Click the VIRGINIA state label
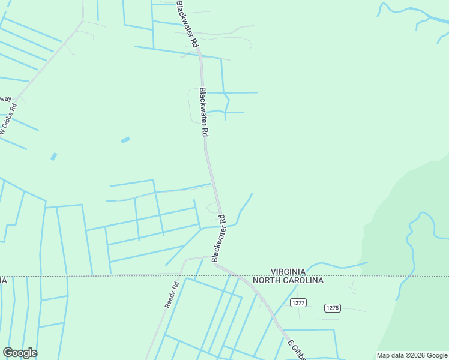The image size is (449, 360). click(x=289, y=271)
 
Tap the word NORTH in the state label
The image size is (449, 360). click(x=267, y=280)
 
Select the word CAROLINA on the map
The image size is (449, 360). click(x=304, y=280)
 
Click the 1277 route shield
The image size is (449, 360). click(x=298, y=303)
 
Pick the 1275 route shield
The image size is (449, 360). click(x=332, y=308)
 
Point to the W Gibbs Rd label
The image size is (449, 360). click(x=8, y=121)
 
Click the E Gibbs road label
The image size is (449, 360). click(x=297, y=349)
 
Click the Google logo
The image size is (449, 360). click(x=20, y=352)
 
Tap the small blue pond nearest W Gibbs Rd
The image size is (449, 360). click(x=53, y=157)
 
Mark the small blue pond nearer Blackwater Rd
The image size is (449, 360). click(x=125, y=140)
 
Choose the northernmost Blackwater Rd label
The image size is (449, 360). click(x=187, y=24)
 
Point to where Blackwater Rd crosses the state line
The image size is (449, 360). click(x=238, y=277)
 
